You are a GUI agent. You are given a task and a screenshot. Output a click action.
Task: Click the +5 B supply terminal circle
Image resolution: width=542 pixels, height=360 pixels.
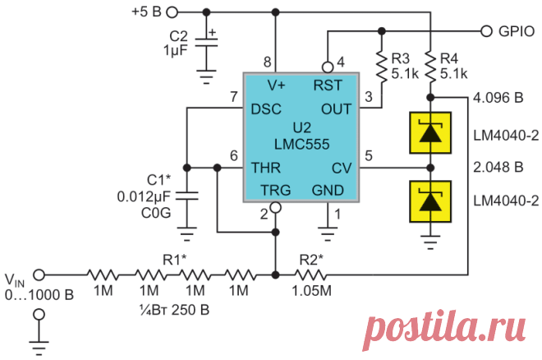[x=172, y=13]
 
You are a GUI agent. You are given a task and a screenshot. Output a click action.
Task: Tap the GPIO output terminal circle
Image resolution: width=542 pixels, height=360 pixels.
[x=486, y=31]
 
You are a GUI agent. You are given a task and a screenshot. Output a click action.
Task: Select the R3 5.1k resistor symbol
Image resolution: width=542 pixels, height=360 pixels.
[x=382, y=67]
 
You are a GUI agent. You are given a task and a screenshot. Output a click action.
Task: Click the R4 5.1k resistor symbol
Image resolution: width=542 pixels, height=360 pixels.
[x=430, y=67]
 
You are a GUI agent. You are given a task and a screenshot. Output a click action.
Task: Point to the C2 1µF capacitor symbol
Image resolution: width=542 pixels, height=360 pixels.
[x=206, y=42]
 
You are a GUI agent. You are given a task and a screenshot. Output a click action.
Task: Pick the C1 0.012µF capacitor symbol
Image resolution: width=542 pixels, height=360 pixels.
[x=187, y=196]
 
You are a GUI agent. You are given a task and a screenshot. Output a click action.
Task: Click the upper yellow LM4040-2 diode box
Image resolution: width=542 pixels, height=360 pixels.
[x=430, y=133]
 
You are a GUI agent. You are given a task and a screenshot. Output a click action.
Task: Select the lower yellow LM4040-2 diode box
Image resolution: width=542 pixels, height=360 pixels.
[x=430, y=201]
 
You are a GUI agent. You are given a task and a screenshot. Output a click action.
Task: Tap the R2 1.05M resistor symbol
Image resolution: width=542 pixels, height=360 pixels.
[x=310, y=275]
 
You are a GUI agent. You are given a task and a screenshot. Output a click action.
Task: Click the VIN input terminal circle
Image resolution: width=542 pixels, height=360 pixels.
[x=39, y=275]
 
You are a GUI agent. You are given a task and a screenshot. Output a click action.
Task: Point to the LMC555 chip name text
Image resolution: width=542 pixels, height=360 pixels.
[x=301, y=144]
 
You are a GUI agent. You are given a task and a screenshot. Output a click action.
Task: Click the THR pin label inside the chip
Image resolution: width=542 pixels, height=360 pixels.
[x=266, y=168]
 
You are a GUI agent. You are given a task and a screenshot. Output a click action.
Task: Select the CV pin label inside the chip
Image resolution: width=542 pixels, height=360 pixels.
[x=342, y=168]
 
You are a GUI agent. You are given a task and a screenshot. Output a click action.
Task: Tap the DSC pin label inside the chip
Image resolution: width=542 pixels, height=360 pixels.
[x=266, y=109]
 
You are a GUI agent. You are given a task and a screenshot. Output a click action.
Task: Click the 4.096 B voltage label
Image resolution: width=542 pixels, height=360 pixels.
[x=498, y=98]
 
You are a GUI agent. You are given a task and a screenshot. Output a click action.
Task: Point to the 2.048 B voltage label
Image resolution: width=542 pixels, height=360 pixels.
[x=498, y=167]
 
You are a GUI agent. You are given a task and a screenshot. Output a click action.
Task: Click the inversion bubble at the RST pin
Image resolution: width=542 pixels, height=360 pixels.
[x=328, y=67]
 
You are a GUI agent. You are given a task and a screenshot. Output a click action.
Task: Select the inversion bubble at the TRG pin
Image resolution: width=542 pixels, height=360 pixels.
[x=275, y=207]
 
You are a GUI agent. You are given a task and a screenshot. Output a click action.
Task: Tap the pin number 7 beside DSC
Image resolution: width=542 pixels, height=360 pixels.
[x=234, y=97]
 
